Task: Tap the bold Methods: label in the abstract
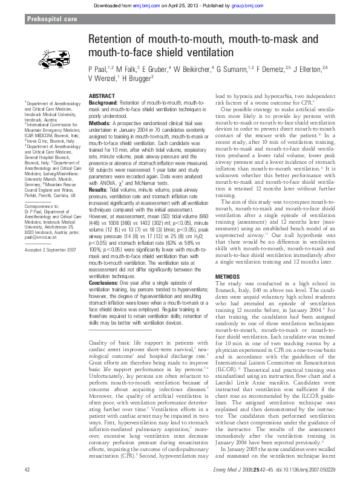pos(100,123)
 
